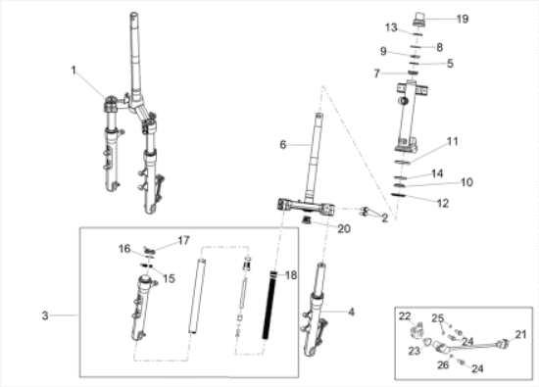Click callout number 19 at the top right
[x=463, y=19]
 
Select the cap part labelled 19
[x=419, y=19]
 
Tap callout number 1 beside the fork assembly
[x=73, y=71]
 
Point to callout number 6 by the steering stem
[x=283, y=145]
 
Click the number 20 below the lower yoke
[x=344, y=228]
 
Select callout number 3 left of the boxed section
[x=45, y=315]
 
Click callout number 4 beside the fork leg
[x=351, y=313]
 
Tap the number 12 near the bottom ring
[x=443, y=203]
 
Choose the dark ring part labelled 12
[x=399, y=195]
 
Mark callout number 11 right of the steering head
[x=453, y=141]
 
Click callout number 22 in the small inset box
[x=405, y=315]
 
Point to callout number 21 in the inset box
[x=520, y=334]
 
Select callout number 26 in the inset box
[x=443, y=364]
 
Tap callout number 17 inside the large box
[x=183, y=240]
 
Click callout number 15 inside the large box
[x=169, y=278]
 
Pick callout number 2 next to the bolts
[x=385, y=218]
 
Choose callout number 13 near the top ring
[x=391, y=27]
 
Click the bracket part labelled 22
[x=417, y=328]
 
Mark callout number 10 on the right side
[x=466, y=182]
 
